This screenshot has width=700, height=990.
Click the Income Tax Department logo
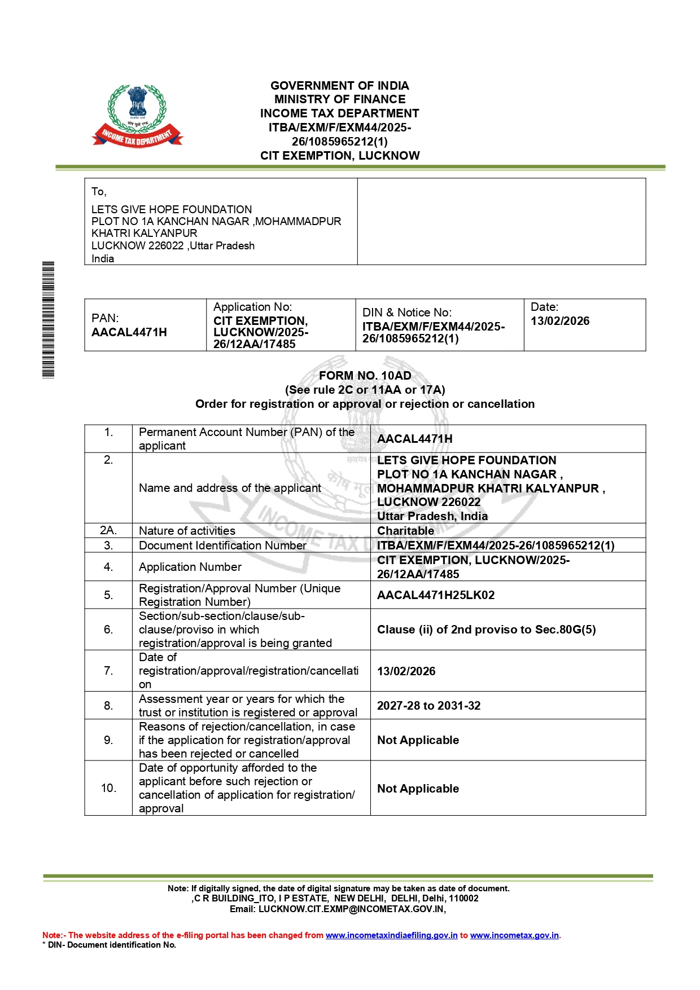[137, 116]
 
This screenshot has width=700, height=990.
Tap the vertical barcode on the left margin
[49, 319]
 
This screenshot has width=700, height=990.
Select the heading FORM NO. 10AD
[365, 376]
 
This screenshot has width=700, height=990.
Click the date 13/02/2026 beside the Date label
[560, 321]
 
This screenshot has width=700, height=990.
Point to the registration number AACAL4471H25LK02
[436, 595]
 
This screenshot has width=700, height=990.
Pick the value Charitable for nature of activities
[405, 531]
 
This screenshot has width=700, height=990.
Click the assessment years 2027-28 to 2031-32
[428, 706]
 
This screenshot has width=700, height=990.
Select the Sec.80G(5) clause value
[486, 630]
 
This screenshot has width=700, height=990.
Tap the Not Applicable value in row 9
[418, 740]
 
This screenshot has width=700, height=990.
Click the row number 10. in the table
[108, 788]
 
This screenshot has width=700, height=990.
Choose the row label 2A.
[108, 531]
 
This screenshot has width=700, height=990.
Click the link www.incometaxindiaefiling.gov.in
[391, 935]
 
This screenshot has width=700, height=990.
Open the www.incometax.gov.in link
[514, 935]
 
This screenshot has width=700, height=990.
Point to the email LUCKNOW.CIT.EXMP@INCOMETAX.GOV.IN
[352, 909]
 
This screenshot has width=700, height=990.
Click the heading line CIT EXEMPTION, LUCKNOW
[340, 156]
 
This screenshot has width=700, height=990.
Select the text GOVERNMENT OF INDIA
[340, 86]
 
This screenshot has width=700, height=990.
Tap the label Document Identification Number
[222, 545]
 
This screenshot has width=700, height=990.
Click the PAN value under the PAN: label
[129, 332]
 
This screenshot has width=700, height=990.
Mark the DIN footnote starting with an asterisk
[110, 945]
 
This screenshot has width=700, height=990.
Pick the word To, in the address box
[99, 192]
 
